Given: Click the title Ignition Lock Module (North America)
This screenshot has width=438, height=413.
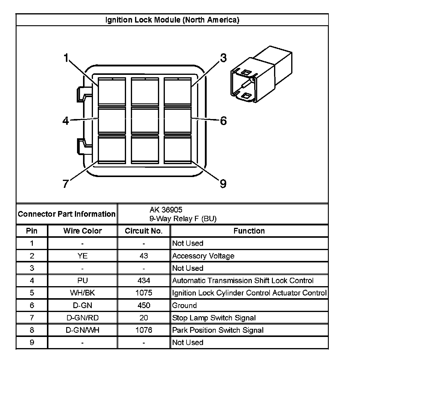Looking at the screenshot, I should pos(172,20).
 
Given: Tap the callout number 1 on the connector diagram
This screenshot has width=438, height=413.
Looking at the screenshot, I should pos(66,58).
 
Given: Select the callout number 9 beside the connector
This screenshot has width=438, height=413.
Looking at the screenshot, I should pos(223,183).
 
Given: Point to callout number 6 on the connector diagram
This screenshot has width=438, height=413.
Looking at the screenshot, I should pos(223,121).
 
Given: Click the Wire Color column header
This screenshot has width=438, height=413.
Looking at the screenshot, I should pos(82,231).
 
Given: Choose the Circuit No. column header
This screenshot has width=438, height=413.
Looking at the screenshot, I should pos(143,231).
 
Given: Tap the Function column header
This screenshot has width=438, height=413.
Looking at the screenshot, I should pos(249,231).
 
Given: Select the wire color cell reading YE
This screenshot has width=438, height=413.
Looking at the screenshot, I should pos(82,256).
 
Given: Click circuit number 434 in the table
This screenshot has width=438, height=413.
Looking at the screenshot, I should pos(144,280).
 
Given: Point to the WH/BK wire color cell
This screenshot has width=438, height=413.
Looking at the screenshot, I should pos(82,293).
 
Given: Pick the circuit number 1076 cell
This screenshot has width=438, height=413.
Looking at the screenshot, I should pos(144,330).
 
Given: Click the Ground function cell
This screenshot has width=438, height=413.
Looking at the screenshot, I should pos(184,305).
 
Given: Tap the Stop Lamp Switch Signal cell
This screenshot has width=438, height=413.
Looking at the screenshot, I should pos(214,318).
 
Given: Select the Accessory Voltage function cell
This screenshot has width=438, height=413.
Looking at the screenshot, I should pos(203,256).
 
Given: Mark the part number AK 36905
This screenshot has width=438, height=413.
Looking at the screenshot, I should pos(166,210).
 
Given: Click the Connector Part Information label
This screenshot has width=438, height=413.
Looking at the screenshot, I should pos(66,214).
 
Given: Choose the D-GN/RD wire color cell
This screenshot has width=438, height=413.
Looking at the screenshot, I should pos(82,318).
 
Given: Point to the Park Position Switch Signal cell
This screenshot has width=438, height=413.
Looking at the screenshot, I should pos(218,330).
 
